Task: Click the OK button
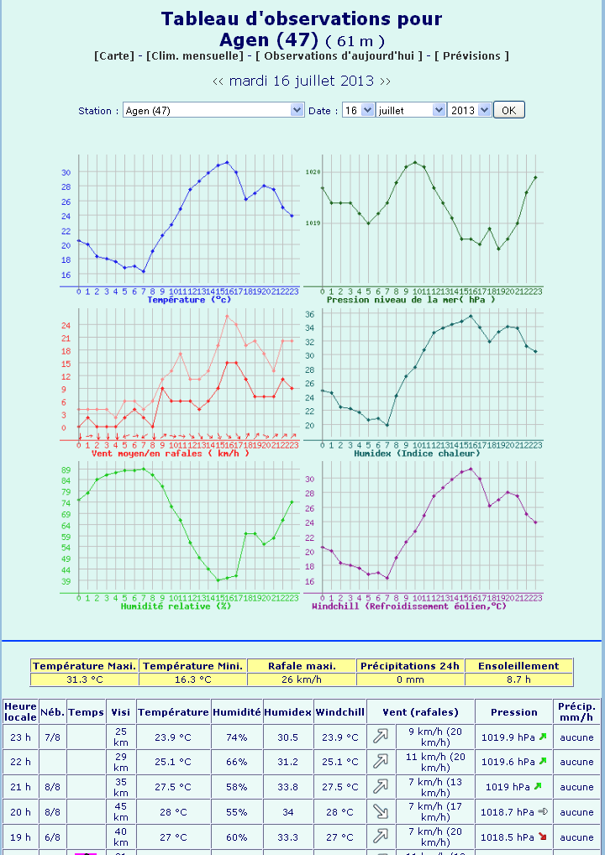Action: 508,110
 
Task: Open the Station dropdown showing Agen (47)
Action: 213,110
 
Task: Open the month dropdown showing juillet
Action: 411,110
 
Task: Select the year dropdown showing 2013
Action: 469,110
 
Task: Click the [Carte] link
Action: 114,55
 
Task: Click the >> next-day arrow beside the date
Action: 385,81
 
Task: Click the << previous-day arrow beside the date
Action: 218,81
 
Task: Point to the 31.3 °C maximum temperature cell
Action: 84,679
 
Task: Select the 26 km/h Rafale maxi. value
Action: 302,679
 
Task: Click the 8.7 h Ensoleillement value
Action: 518,679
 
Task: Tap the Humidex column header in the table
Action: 288,711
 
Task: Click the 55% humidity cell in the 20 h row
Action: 236,812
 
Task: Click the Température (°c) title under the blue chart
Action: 189,299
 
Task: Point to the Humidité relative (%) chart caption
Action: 176,605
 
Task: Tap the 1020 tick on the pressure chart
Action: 313,172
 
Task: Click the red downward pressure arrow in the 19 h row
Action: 542,837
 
